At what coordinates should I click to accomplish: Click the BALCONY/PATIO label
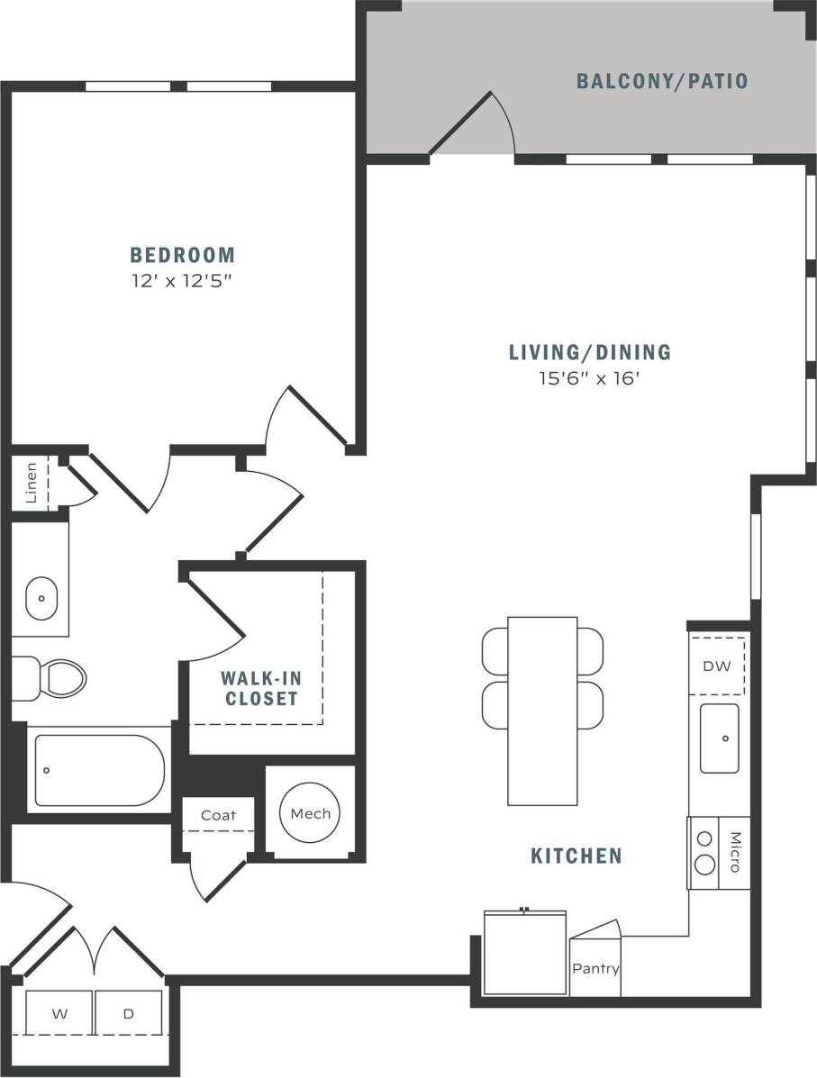662,81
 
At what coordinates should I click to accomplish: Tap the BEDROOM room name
182,255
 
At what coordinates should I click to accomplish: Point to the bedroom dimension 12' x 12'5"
182,280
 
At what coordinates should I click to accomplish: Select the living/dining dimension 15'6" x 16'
589,378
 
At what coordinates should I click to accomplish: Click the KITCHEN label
576,856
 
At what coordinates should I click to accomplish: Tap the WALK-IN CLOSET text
261,688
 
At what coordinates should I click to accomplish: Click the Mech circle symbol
311,813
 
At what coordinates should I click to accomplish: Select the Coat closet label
218,815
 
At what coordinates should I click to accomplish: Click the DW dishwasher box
718,666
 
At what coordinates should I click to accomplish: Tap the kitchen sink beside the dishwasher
719,738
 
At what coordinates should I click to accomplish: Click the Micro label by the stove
734,852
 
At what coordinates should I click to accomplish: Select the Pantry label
595,969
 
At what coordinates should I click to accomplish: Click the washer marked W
59,1013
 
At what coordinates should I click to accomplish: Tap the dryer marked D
129,1013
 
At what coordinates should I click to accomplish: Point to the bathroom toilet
54,676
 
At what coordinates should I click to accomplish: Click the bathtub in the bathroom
99,770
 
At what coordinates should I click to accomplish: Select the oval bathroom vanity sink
41,599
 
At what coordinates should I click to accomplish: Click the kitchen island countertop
542,711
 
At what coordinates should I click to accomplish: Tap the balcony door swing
477,126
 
